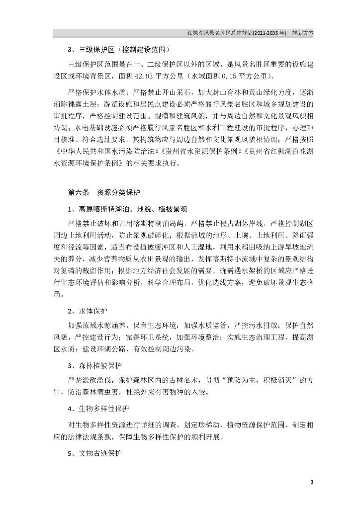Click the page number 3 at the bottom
tap(311, 482)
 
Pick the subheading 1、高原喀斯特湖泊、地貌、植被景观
tap(127, 208)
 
